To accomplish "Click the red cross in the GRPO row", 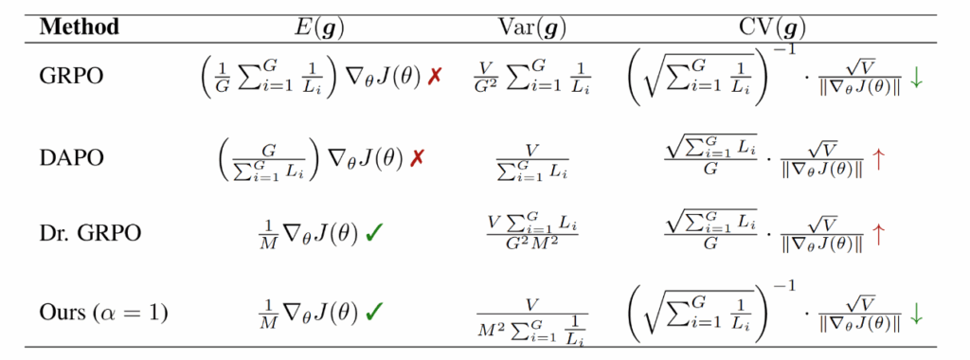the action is point(435,79).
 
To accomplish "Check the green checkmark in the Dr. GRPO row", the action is point(374,234).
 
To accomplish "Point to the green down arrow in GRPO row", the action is point(916,80).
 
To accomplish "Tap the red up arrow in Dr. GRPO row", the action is point(880,235).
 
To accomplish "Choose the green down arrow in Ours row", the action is point(916,313).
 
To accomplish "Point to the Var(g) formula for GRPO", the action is point(533,80).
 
